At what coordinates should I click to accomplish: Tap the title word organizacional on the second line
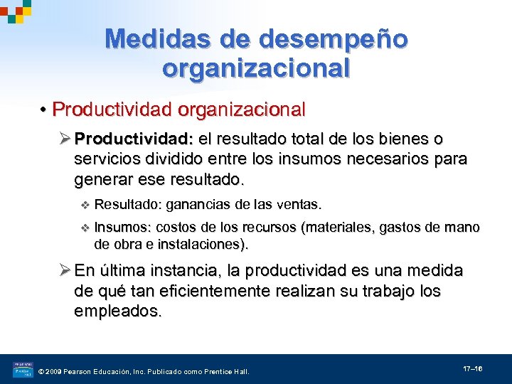click(256, 68)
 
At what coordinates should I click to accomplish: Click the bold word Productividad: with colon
click(135, 138)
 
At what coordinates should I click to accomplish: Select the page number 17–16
click(473, 370)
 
